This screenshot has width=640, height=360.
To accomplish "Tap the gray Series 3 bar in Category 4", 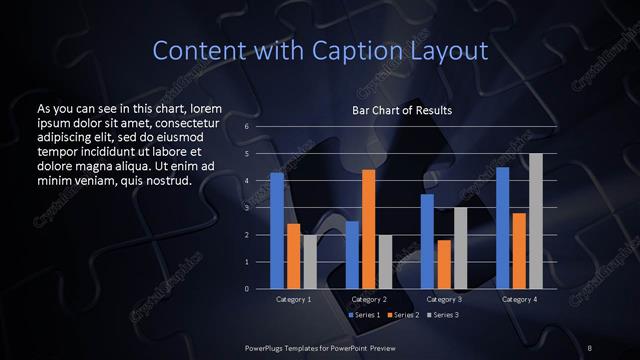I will pos(536,221).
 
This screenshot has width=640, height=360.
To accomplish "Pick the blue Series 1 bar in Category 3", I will pos(427,241).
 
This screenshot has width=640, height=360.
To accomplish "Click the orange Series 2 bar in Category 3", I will pos(443,264).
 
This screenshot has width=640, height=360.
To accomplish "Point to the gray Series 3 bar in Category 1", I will pos(309,261).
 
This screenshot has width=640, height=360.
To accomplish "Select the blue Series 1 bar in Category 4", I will pos(503,228).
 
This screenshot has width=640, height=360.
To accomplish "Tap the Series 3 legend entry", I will pos(443,315).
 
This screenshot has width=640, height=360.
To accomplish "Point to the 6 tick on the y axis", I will pos(246,127).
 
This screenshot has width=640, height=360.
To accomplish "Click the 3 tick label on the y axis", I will pos(246,208).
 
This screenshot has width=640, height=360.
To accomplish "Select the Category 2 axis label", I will pos(369,299).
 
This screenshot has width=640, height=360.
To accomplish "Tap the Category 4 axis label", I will pos(519,299).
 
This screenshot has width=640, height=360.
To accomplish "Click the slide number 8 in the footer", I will pos(590,347).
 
